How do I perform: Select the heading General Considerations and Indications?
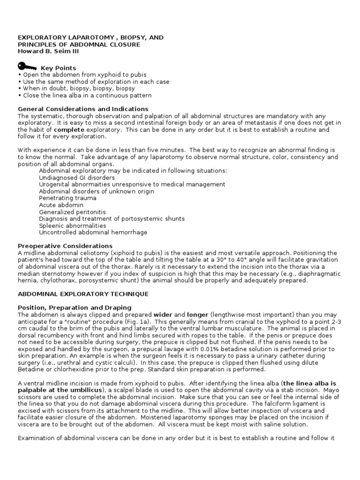coord(77,109)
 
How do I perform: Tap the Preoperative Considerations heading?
coord(65,246)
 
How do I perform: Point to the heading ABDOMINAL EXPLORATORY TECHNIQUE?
coord(83,294)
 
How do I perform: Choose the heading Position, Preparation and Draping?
coord(75,307)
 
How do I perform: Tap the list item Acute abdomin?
coord(61,205)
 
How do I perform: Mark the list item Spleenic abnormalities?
coord(72,225)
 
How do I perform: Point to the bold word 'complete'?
coord(69,129)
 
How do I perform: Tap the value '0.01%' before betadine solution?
coord(206,349)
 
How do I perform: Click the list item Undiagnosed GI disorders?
coord(77,178)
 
